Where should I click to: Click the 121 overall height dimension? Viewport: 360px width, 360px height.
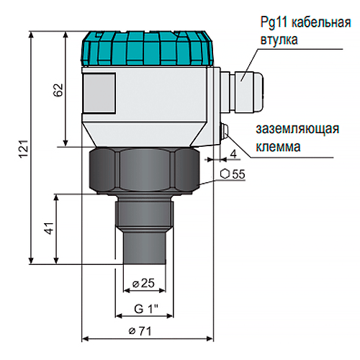tap(24, 148)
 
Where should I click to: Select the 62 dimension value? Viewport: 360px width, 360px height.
tap(58, 90)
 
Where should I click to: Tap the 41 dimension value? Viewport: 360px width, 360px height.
tap(49, 228)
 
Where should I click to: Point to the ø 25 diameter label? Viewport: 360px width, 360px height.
tap(143, 283)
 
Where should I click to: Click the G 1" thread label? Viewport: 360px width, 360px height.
tap(146, 309)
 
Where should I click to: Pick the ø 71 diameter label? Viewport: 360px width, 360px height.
tap(140, 331)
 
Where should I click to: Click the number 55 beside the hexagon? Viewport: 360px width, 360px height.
tap(238, 174)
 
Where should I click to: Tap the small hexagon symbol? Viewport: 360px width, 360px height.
tap(225, 174)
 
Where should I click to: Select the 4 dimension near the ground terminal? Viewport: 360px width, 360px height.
tap(233, 153)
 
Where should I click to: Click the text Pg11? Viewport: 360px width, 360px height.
tap(274, 23)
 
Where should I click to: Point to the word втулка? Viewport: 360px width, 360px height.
tap(279, 40)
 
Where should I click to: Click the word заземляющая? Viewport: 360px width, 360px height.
tap(297, 129)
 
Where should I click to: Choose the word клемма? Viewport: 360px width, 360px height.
tap(278, 147)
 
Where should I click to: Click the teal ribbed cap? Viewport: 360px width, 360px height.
tap(147, 48)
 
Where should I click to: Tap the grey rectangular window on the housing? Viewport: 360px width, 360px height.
tap(99, 93)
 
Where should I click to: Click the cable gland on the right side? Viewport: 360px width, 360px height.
tap(242, 91)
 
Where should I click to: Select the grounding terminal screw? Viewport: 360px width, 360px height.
tap(225, 131)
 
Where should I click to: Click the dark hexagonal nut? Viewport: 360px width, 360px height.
tap(145, 170)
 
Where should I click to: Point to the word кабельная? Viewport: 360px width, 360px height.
tap(321, 23)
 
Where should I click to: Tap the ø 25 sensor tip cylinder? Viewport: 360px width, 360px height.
tap(145, 246)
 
